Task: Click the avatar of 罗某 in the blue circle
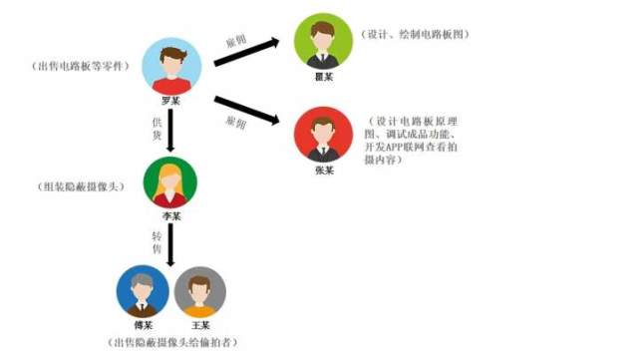pos(170,67)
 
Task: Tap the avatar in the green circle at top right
pos(323,40)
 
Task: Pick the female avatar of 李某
pos(170,182)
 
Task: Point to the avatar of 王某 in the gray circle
pos(200,291)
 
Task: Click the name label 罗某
pos(170,101)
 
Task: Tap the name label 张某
pos(323,170)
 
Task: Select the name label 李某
pos(170,215)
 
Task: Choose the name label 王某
pos(200,324)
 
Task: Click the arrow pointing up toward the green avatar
pos(249,51)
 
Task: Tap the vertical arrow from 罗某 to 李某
pos(170,129)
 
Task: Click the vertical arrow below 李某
pos(170,244)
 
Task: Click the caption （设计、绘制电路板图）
pos(420,35)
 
